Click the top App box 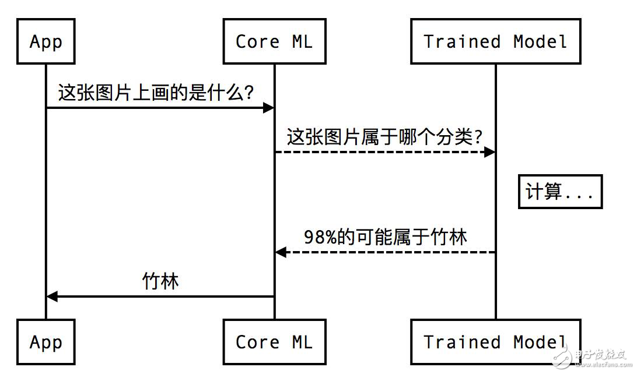click(x=46, y=41)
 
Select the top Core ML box click(x=274, y=41)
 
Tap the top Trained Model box click(x=495, y=41)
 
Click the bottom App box click(x=46, y=342)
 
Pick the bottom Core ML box click(x=274, y=342)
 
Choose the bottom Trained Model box click(x=495, y=342)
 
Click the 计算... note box click(x=560, y=192)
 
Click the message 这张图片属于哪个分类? click(x=385, y=137)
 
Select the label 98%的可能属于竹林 click(x=386, y=237)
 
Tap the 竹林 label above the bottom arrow click(x=160, y=282)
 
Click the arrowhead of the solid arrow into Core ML click(x=269, y=108)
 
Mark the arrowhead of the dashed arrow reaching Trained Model click(x=490, y=152)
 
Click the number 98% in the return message click(x=320, y=237)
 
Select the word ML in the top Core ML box click(x=302, y=41)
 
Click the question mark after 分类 click(x=478, y=137)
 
